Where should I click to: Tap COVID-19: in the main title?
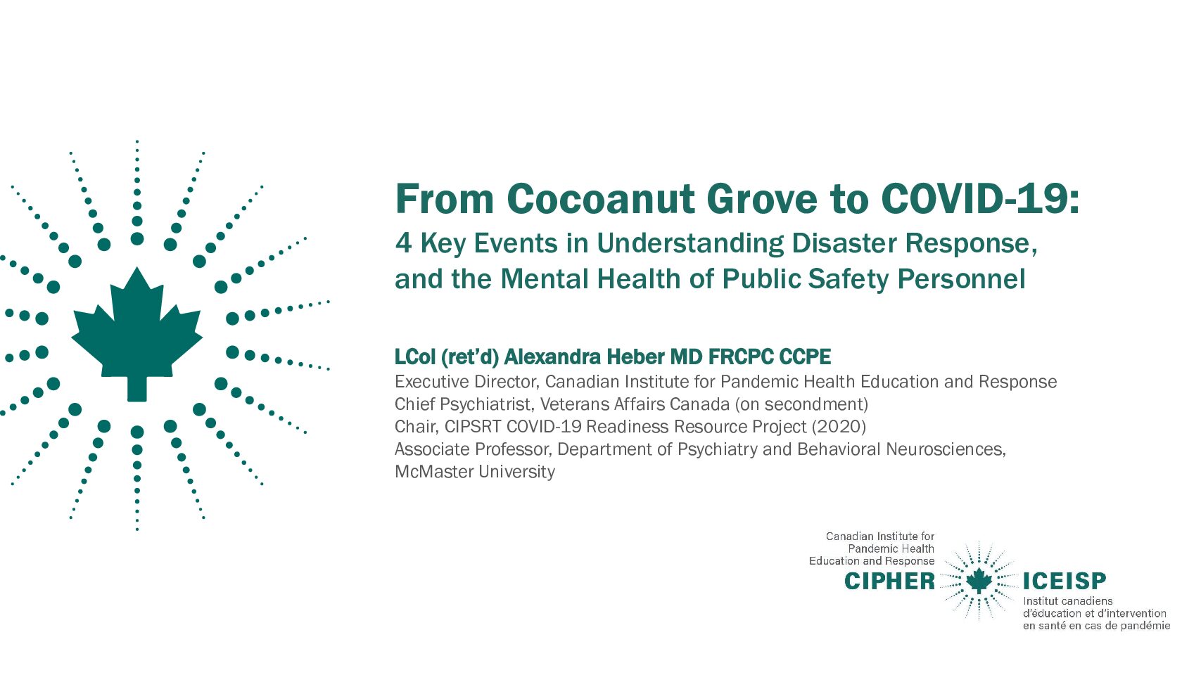(980, 199)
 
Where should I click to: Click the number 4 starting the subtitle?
(403, 243)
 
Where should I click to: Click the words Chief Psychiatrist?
(463, 404)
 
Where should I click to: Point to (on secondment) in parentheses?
(801, 404)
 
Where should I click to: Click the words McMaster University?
(474, 472)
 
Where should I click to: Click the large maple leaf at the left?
(136, 335)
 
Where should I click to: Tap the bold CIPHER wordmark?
(889, 581)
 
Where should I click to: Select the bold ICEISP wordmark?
(1065, 581)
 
